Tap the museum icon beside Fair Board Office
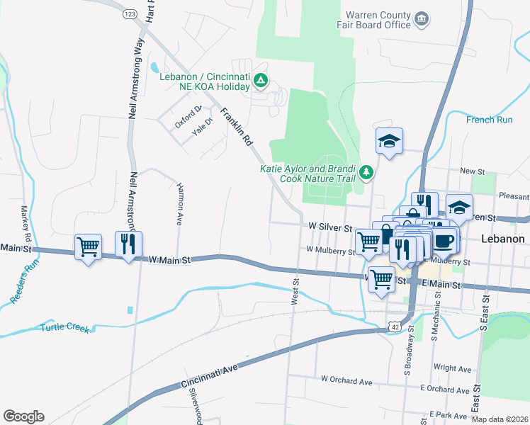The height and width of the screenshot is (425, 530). click(422, 18)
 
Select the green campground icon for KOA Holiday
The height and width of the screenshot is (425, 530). click(261, 81)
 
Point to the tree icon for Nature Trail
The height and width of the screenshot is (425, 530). click(366, 172)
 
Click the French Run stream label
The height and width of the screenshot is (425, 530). click(489, 120)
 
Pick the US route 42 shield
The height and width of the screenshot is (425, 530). click(394, 324)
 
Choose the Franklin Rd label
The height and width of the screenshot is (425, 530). click(237, 127)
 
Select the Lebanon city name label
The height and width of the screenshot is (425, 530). click(503, 239)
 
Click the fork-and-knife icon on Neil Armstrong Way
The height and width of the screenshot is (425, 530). click(128, 244)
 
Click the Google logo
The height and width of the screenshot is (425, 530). click(24, 416)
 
